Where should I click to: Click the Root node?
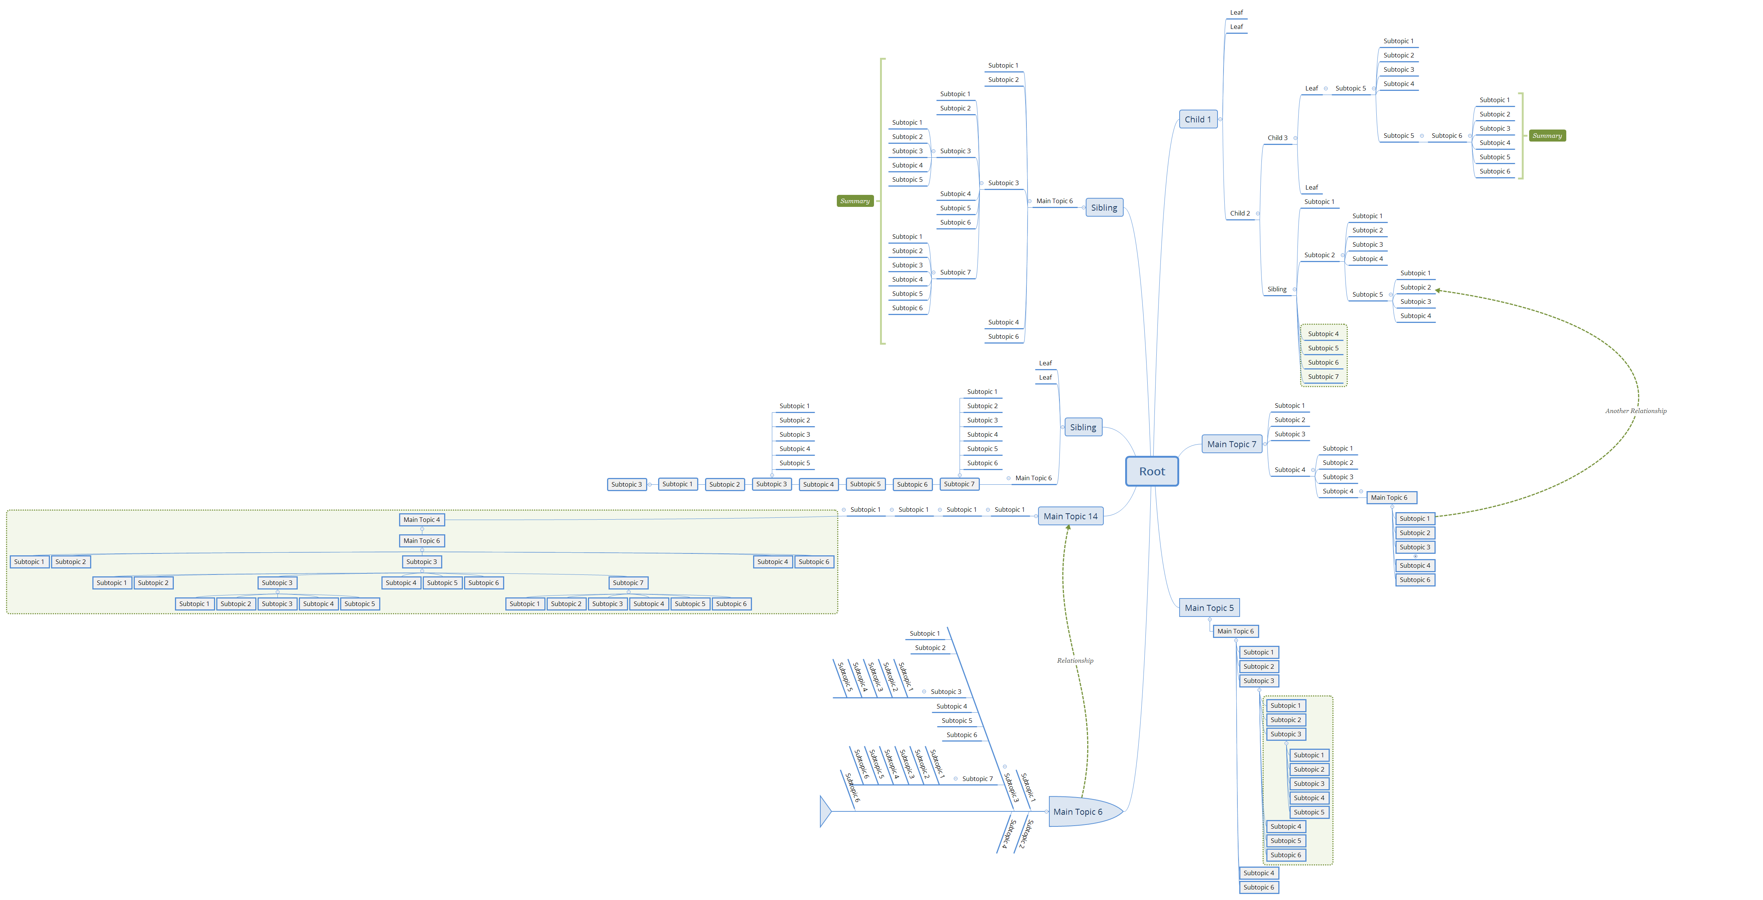coord(1152,472)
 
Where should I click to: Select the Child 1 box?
coord(1198,119)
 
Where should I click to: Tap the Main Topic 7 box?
coord(1231,444)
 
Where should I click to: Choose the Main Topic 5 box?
coord(1208,608)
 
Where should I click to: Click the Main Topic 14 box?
coord(1070,516)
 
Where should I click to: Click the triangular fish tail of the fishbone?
coord(826,812)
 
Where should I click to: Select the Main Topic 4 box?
coord(422,520)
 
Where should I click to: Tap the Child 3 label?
coord(1277,137)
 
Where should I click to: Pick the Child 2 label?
coord(1239,213)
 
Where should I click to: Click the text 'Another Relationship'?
coord(1636,411)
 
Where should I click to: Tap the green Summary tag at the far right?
coord(1547,136)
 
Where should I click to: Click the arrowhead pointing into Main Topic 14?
coord(1068,527)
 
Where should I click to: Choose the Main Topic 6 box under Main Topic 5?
coord(1235,631)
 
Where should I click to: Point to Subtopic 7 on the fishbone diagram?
coord(976,779)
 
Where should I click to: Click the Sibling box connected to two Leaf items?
coord(1083,427)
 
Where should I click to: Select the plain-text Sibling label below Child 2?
coord(1276,289)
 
